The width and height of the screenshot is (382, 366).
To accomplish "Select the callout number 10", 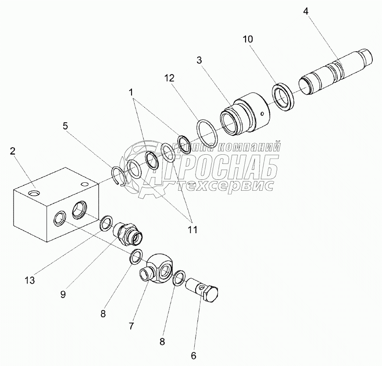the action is [248, 39].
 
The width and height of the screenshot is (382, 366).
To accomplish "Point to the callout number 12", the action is [170, 78].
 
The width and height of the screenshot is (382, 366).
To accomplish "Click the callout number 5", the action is [65, 126].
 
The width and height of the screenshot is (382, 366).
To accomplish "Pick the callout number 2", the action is [13, 151].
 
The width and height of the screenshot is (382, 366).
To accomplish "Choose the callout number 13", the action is [30, 279].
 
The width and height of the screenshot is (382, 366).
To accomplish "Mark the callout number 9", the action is [63, 295].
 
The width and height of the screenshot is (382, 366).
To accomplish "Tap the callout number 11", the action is [192, 229].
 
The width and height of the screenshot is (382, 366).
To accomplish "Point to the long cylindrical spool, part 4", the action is [333, 73].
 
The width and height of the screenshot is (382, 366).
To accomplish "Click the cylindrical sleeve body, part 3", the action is [248, 114].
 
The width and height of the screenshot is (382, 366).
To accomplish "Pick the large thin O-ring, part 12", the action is [207, 132].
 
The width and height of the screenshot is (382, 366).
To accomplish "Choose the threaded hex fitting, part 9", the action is [129, 233].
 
